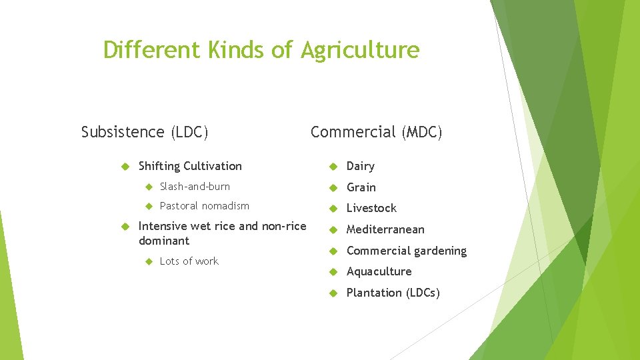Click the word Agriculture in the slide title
(360, 50)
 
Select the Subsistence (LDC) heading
(145, 132)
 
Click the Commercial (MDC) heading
(376, 132)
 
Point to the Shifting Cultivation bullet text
(190, 166)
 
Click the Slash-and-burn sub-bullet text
(195, 187)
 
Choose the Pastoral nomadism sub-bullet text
(204, 206)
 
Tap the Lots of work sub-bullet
(189, 261)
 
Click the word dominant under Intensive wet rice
(163, 241)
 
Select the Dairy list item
(360, 166)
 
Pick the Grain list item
(361, 187)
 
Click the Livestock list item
(371, 208)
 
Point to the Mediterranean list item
(385, 229)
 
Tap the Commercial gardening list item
(406, 251)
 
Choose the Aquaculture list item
(379, 271)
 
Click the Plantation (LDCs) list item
(393, 293)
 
